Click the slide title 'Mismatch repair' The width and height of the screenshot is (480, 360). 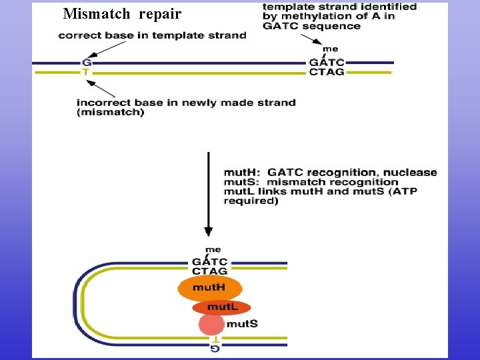click(122, 13)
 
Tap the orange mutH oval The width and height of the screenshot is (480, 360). click(209, 288)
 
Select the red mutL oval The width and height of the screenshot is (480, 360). click(221, 307)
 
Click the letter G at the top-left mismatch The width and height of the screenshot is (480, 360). click(85, 63)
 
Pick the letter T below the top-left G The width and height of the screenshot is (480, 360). click(85, 71)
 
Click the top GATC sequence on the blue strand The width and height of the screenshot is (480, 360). click(327, 63)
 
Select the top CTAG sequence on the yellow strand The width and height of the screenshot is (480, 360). click(327, 71)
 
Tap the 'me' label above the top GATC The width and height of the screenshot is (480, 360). click(330, 49)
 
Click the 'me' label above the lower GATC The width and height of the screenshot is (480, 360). click(213, 250)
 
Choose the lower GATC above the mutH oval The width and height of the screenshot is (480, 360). click(209, 262)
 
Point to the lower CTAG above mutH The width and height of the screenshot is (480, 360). click(209, 271)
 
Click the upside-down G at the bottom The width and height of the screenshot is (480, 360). click(215, 348)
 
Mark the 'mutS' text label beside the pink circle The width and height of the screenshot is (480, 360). click(242, 324)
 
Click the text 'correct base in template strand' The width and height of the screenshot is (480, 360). click(152, 35)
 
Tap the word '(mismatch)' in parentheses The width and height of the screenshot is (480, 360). click(110, 112)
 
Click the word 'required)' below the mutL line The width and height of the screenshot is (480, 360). click(251, 201)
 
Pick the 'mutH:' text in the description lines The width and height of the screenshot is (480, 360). click(243, 172)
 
